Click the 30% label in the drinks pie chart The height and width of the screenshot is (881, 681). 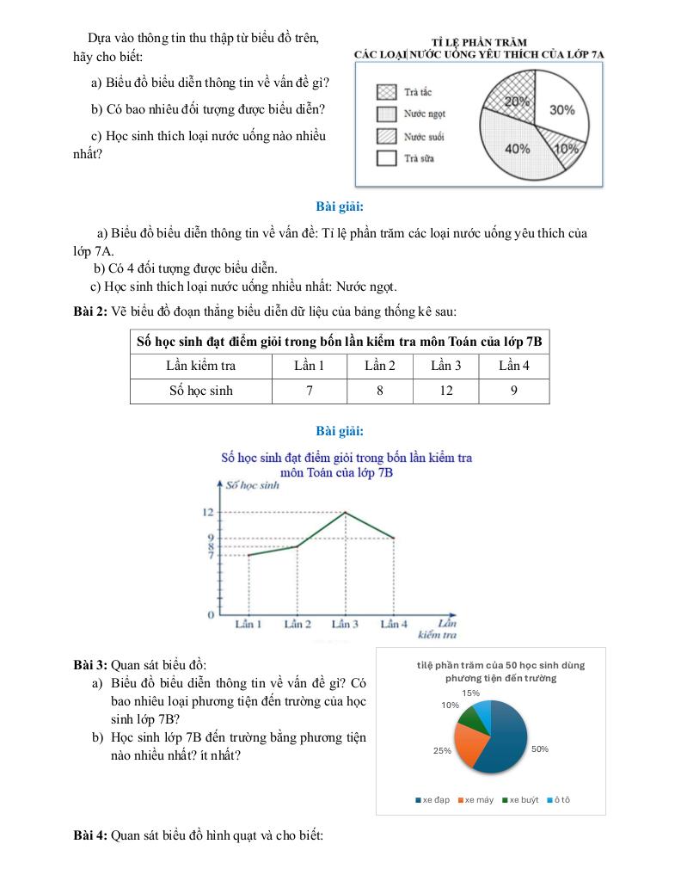tap(561, 110)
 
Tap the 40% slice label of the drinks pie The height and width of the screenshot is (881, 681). tap(517, 149)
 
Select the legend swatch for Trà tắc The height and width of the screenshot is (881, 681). tap(387, 91)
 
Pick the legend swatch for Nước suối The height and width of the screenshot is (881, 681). tap(387, 136)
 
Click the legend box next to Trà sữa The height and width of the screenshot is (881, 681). tap(387, 158)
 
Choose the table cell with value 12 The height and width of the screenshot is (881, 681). tap(445, 391)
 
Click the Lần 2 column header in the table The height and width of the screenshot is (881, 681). tap(380, 366)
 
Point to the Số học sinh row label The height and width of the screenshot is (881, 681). tap(200, 391)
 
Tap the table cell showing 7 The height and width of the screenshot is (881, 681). tap(309, 391)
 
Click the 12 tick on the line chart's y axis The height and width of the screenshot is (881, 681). tap(208, 513)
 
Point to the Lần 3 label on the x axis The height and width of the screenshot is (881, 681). tap(345, 624)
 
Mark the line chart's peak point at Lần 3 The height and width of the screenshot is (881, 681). tap(346, 513)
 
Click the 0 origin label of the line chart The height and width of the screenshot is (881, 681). tap(209, 616)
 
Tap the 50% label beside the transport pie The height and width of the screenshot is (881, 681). tap(540, 749)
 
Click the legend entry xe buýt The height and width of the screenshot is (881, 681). tap(521, 800)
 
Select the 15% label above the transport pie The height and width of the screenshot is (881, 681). tap(470, 693)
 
